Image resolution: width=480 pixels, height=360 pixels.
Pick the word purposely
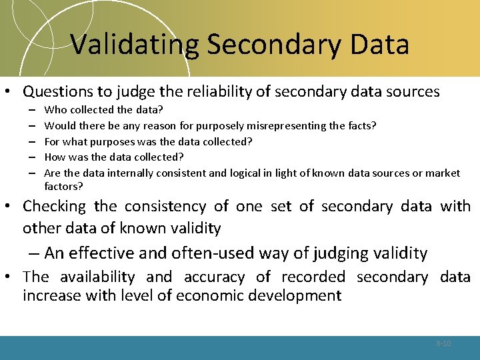coord(201,125)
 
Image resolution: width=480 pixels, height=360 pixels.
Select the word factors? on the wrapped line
coord(63,186)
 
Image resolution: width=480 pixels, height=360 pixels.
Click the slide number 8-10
coord(443,343)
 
